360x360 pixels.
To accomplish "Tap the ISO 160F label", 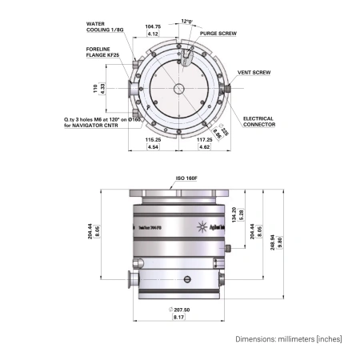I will tap(186, 179).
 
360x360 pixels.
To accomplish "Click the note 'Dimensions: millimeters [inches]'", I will tap(289, 338).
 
